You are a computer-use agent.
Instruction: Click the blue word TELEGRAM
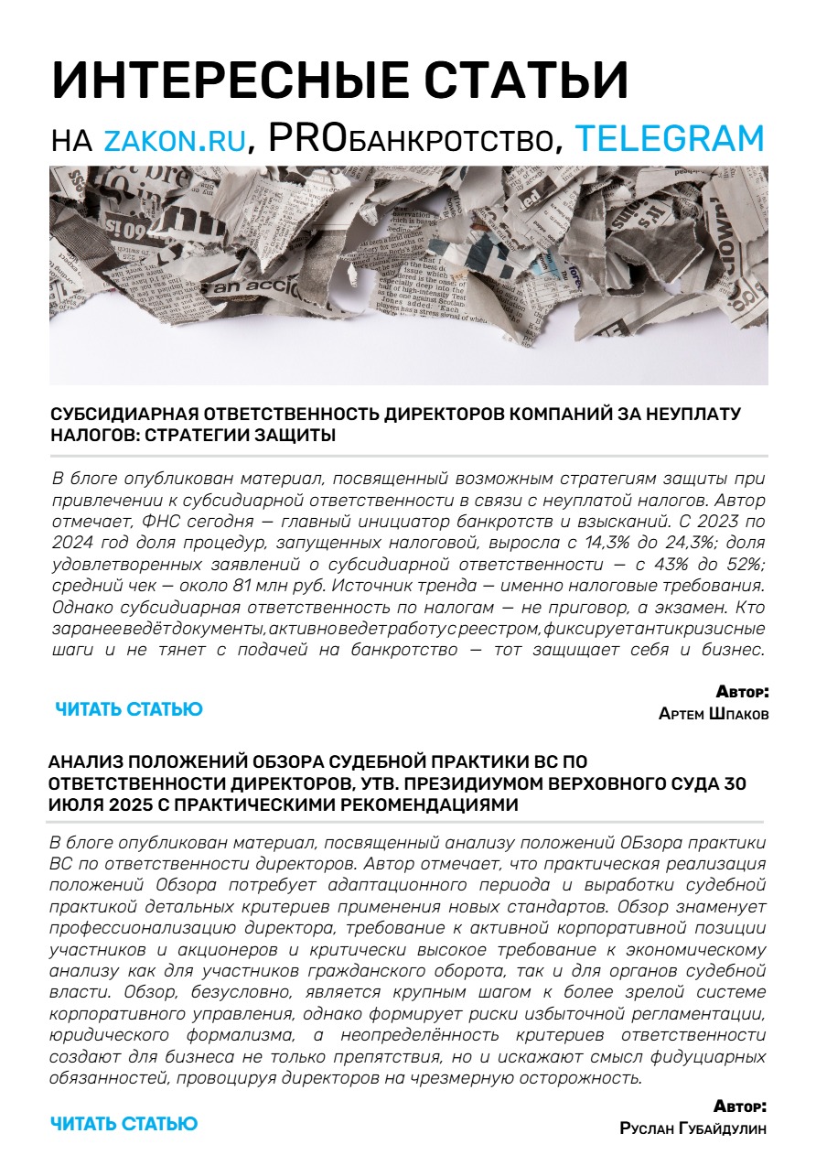pos(670,137)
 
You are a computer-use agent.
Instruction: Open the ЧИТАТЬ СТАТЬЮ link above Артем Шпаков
pos(128,709)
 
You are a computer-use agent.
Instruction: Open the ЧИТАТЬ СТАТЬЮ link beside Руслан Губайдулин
pos(124,1123)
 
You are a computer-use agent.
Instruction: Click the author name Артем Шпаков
pos(714,714)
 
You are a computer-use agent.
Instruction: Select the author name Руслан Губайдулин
pos(693,1128)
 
